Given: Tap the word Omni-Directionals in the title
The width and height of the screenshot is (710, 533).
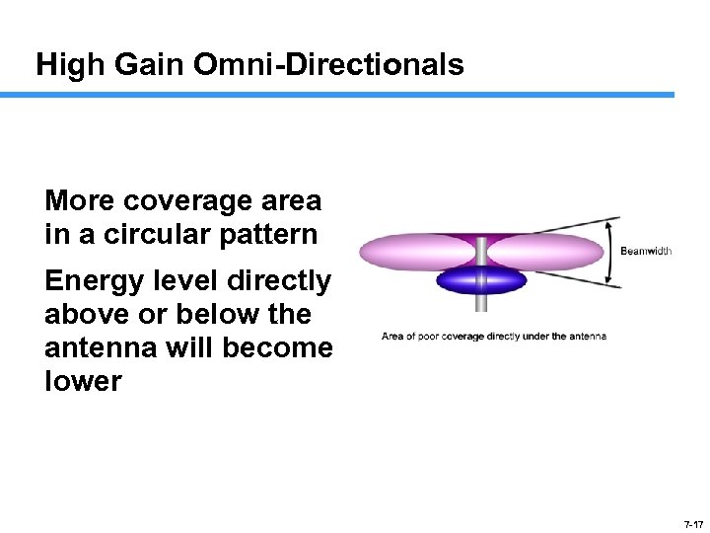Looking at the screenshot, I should (329, 65).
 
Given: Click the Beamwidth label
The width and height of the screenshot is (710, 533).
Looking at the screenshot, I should (646, 251).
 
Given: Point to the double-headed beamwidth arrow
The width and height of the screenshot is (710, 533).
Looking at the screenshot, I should (612, 252).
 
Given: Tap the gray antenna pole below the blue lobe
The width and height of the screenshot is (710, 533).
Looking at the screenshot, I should (481, 310).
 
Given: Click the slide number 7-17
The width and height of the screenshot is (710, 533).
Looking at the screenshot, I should (691, 524).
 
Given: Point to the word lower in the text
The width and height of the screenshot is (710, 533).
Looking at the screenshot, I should (83, 382).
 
